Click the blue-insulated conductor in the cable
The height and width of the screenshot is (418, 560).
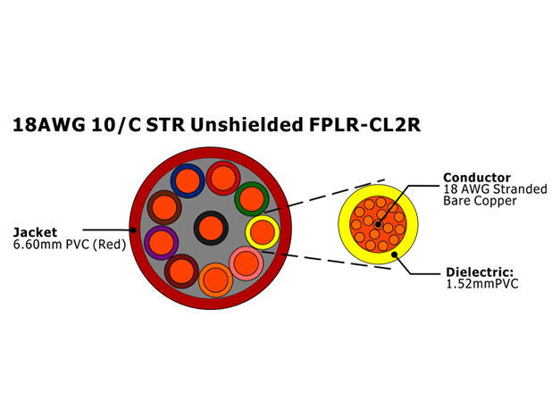[x=188, y=180]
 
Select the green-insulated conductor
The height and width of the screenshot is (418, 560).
[x=252, y=199]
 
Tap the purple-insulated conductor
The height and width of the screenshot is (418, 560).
[x=162, y=243]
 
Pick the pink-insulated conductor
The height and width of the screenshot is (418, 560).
[x=247, y=263]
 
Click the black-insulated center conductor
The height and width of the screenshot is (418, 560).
[x=211, y=229]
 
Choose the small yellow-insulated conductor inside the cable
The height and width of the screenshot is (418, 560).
[x=263, y=232]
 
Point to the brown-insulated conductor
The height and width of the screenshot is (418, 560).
[x=164, y=207]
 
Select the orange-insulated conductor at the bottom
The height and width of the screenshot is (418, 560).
[x=216, y=280]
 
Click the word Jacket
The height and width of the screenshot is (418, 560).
[x=35, y=232]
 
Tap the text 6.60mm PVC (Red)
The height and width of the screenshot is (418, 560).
[x=70, y=245]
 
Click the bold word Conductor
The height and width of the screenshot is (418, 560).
[x=477, y=178]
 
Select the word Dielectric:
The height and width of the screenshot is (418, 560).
[x=480, y=272]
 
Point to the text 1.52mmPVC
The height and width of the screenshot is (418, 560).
[x=482, y=284]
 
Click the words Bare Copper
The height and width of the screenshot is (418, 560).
[x=480, y=201]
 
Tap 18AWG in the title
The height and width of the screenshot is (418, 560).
[x=49, y=125]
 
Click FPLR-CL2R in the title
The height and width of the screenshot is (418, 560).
[x=364, y=125]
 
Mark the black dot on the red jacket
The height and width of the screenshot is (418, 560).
[x=133, y=230]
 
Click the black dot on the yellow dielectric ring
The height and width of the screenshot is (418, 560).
[x=395, y=255]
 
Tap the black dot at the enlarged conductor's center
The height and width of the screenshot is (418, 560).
[x=378, y=225]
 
